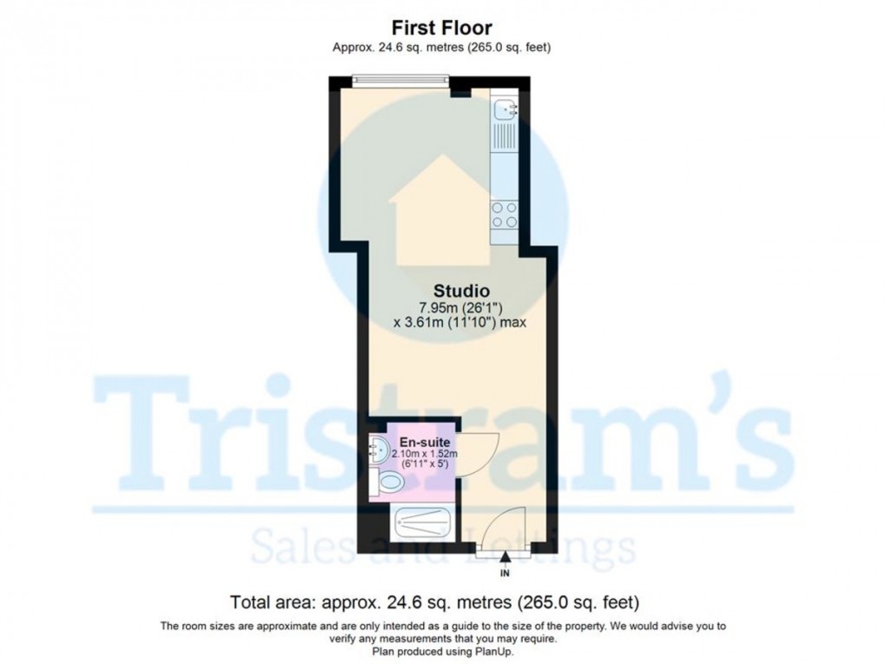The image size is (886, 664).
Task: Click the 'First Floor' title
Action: [442, 29]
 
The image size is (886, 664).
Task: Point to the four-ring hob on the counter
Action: [504, 214]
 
